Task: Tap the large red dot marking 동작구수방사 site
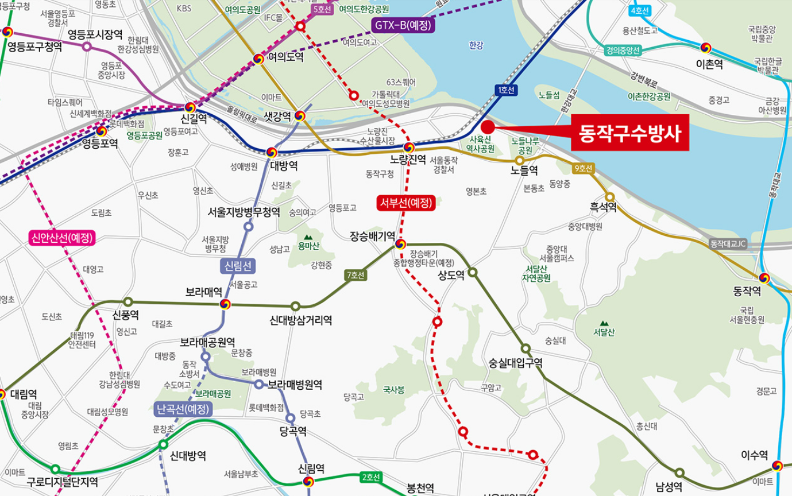click(488, 127)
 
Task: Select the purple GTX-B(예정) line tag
click(403, 25)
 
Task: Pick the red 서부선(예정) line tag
click(406, 202)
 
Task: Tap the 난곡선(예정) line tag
click(183, 409)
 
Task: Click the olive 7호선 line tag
click(356, 276)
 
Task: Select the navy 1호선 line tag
click(507, 90)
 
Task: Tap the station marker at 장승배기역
click(401, 245)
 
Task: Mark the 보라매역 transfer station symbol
click(225, 304)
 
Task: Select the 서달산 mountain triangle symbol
click(604, 323)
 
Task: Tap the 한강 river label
click(476, 45)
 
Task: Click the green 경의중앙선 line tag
click(622, 50)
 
